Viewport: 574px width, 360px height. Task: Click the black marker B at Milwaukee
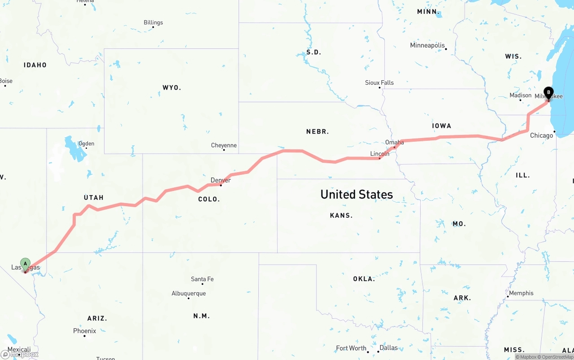(548, 93)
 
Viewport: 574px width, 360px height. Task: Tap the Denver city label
(221, 180)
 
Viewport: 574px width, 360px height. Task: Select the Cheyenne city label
(224, 145)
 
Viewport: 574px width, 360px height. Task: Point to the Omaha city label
(395, 143)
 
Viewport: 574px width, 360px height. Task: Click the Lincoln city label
(380, 154)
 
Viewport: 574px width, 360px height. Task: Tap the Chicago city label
(542, 135)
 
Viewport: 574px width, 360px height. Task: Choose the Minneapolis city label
(427, 45)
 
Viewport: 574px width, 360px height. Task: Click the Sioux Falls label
(379, 82)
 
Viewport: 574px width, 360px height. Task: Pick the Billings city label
(153, 22)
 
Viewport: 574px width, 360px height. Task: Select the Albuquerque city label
(189, 294)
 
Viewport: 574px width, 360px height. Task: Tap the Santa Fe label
(202, 279)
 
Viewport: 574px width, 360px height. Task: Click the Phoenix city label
(85, 331)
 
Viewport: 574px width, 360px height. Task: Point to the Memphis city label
(521, 293)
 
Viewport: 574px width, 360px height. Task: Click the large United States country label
(357, 195)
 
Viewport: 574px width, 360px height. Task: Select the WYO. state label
(172, 87)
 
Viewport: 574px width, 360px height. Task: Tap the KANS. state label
(341, 216)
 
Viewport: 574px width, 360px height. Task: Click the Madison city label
(521, 95)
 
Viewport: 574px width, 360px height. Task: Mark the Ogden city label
(87, 144)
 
